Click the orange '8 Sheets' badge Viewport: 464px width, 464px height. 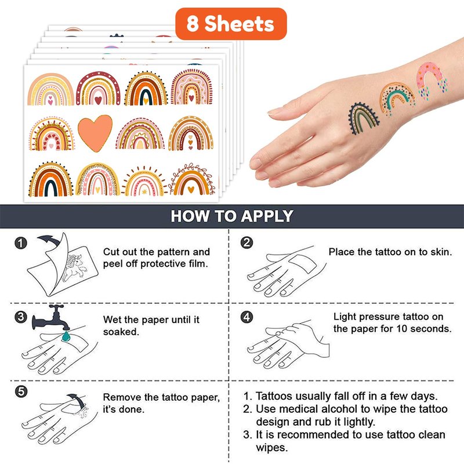coord(231,24)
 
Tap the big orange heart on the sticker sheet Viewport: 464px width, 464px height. coord(95,132)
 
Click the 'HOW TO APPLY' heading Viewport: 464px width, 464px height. coord(232,216)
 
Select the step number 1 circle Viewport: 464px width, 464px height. coord(21,243)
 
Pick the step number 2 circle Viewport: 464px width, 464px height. coord(246,242)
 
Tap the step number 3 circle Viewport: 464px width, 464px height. coord(21,317)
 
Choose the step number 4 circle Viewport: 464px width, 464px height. coord(246,317)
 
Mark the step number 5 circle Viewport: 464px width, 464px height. coord(21,391)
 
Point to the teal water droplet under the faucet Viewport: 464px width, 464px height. coord(66,336)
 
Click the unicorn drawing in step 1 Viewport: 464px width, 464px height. coord(74,268)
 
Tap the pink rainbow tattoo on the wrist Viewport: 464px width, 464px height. coord(432,80)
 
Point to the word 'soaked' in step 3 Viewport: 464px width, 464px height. coord(121,332)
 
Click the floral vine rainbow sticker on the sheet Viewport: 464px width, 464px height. coord(192,179)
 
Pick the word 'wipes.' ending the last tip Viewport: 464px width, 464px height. coord(271,447)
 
